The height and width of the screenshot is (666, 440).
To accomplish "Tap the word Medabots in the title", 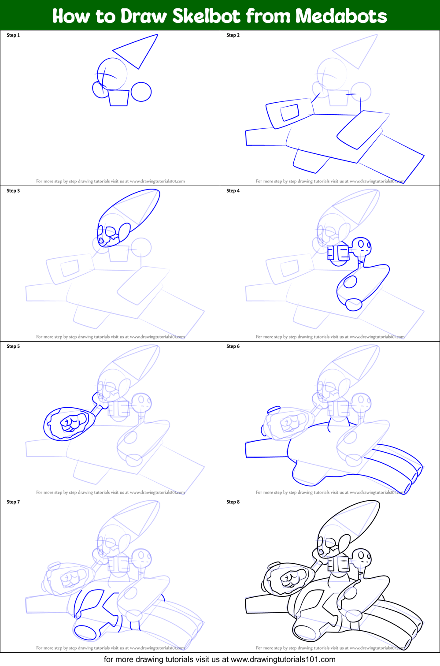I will tap(341, 16).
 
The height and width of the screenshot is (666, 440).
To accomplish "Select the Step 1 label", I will tap(13, 35).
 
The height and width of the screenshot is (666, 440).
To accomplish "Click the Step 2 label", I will tap(233, 35).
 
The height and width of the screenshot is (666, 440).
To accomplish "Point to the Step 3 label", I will tap(13, 191).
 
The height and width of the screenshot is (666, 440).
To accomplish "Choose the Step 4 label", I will tap(233, 191).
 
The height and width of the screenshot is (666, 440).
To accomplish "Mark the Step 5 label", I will tap(13, 346).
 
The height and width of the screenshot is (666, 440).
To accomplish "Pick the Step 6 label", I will tap(233, 346).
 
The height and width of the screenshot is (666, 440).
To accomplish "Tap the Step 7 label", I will tap(13, 502).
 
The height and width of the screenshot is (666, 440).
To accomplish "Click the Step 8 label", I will tap(233, 502).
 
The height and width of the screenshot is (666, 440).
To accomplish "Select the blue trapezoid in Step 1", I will tap(118, 98).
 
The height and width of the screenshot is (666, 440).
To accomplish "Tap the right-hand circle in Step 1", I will tap(141, 92).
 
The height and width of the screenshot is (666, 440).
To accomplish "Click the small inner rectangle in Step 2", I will tap(290, 112).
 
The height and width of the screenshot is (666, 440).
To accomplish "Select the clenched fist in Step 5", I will tap(69, 424).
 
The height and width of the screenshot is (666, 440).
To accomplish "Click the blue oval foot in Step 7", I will tap(85, 633).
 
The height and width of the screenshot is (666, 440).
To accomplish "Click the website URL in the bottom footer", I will tap(283, 659).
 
